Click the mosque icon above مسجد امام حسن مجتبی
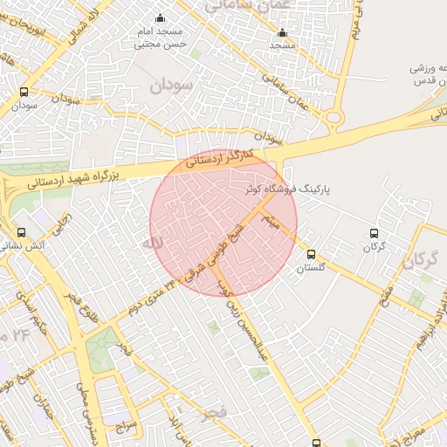coord(159,17)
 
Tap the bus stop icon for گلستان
coord(312,254)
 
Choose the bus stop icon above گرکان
coord(374,234)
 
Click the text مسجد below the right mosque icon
coord(281,45)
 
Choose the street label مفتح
coord(385,298)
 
